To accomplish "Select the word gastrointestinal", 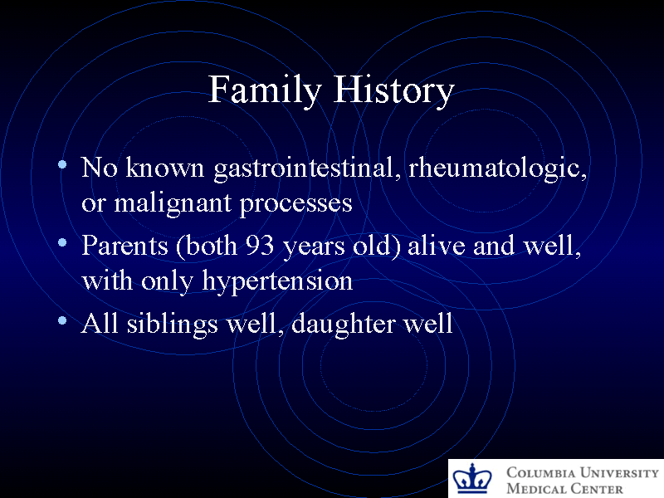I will coord(308,168).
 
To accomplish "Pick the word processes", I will coord(296,203).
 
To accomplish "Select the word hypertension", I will coord(277,281).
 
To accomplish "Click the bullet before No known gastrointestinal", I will coord(63,166).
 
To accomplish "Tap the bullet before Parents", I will coord(63,243).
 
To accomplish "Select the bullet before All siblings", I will coord(63,320).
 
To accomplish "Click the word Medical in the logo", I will coord(536,489).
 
